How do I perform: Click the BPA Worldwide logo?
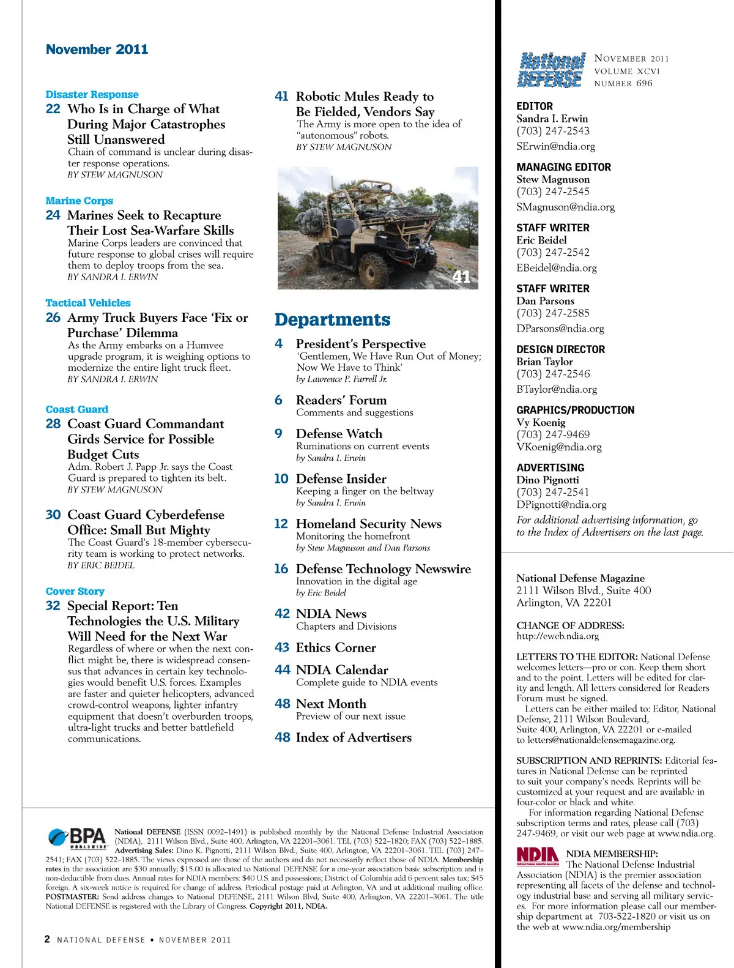tap(77, 838)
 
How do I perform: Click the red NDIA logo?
tap(538, 856)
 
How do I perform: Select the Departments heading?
tap(332, 320)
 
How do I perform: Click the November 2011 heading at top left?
tap(97, 50)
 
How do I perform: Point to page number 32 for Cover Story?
tap(53, 606)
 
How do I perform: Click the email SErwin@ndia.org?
tap(555, 146)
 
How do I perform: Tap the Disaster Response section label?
tap(92, 95)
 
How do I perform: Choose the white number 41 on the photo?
tap(461, 277)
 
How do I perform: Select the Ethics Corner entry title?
tap(336, 647)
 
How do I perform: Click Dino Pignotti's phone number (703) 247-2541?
tap(553, 492)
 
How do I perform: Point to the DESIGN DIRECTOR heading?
tap(560, 349)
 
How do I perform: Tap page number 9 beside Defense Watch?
tap(279, 434)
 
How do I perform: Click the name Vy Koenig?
tap(541, 422)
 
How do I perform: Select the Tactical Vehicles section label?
tap(88, 303)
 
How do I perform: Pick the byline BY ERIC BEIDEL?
tap(101, 565)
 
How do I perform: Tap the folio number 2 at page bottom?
tap(47, 939)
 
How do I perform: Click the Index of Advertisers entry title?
tap(354, 738)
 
